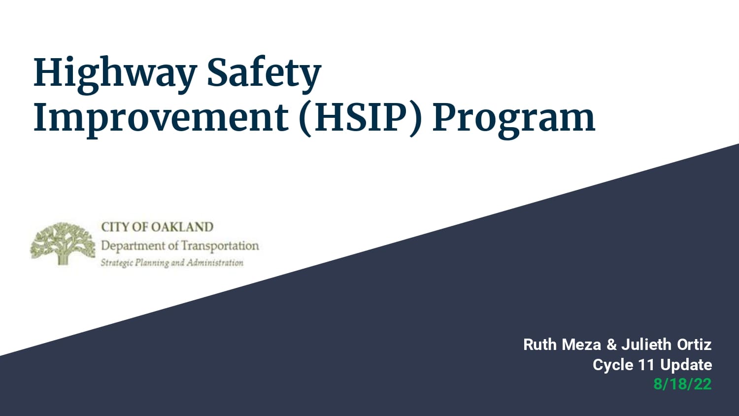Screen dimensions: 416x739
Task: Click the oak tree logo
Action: point(63,243)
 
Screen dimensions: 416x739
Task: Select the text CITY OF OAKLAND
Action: point(157,227)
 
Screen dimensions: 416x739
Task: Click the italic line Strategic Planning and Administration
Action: point(172,263)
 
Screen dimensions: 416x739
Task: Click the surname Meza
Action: point(581,345)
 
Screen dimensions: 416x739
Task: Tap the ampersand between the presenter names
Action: point(611,345)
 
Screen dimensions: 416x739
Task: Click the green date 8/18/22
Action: point(682,384)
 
